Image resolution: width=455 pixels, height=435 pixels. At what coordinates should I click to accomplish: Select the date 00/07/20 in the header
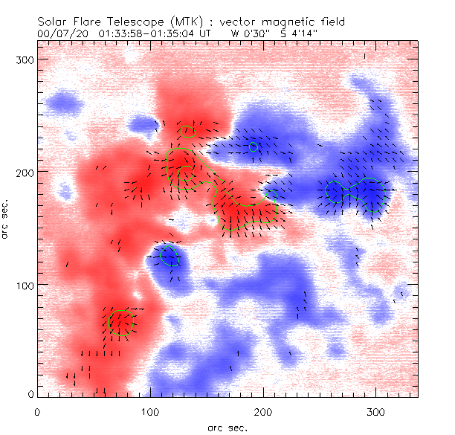(58, 33)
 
